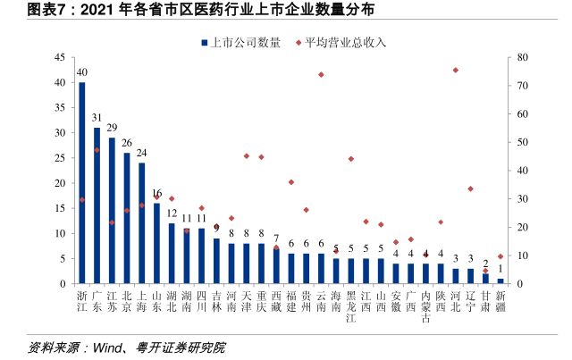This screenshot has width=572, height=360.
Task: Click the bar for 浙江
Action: pyautogui.click(x=82, y=183)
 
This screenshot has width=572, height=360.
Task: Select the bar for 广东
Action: pyautogui.click(x=97, y=205)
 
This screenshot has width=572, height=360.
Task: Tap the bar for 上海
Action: pyautogui.click(x=141, y=223)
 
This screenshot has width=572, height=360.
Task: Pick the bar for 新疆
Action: pyautogui.click(x=500, y=280)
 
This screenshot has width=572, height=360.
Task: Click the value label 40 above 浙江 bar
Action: pyautogui.click(x=82, y=72)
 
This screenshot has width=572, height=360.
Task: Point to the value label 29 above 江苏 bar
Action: pyautogui.click(x=112, y=128)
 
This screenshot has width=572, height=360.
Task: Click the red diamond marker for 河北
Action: pyautogui.click(x=455, y=70)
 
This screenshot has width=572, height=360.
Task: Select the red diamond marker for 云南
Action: pyautogui.click(x=321, y=75)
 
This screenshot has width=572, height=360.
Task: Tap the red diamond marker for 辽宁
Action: pyautogui.click(x=470, y=188)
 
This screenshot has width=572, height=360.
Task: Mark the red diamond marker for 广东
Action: pyautogui.click(x=97, y=150)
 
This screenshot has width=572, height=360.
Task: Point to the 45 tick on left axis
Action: pyautogui.click(x=59, y=57)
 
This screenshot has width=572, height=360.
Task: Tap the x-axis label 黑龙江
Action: pyautogui.click(x=351, y=306)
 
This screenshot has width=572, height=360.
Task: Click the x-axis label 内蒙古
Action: pyautogui.click(x=425, y=306)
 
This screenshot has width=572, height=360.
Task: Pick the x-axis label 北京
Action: pyautogui.click(x=127, y=299)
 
